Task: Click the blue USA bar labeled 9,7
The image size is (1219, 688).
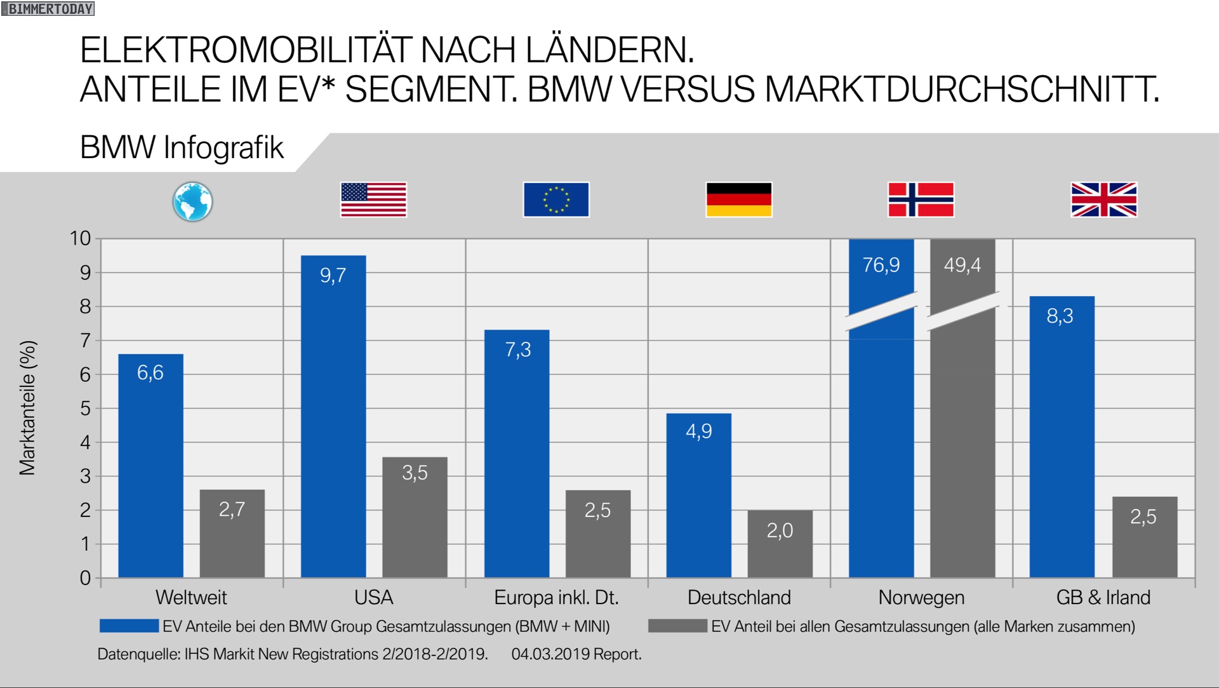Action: [x=333, y=416]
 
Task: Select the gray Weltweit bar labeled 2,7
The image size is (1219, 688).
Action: [x=232, y=533]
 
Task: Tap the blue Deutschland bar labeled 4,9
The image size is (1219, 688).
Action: [x=699, y=495]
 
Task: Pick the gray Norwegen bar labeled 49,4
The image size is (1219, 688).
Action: [x=963, y=445]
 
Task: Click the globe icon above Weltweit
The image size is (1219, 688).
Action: [x=192, y=201]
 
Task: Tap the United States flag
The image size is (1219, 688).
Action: [x=373, y=199]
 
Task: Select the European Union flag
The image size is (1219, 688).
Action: [x=556, y=199]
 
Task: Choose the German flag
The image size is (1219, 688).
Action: [x=739, y=199]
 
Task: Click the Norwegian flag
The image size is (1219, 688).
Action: [x=921, y=199]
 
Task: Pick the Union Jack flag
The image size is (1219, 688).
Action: [x=1104, y=199]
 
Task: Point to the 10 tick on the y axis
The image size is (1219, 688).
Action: [x=81, y=239]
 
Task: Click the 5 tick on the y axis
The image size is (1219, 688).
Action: [x=85, y=408]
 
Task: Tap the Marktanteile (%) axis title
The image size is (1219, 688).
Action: [x=28, y=408]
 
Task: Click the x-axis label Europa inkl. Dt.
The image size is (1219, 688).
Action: [x=556, y=598]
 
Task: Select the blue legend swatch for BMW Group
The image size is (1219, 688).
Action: [x=129, y=626]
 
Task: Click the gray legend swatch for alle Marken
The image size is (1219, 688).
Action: [x=677, y=626]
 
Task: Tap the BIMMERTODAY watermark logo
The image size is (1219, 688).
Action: [x=48, y=9]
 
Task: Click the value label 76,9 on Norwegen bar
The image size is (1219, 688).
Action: [x=881, y=265]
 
